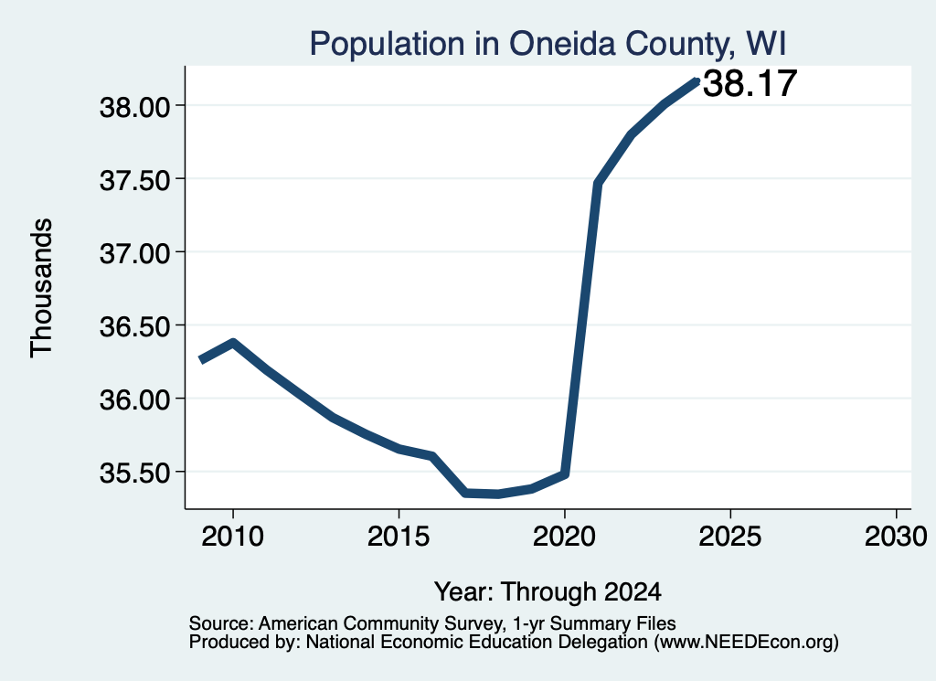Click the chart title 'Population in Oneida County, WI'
point(548,44)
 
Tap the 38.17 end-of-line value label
point(750,83)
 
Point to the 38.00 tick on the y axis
point(135,108)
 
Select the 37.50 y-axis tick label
point(135,180)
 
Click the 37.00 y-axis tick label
point(135,253)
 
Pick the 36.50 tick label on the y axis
point(135,327)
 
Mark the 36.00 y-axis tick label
point(135,399)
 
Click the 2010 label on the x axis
point(232,537)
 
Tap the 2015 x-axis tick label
point(399,537)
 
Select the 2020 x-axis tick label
point(564,537)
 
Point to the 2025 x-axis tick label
point(730,537)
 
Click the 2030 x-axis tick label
point(896,537)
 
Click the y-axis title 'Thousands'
point(42,288)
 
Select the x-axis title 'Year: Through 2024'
point(548,592)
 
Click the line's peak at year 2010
point(233,343)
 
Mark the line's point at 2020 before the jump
point(565,474)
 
